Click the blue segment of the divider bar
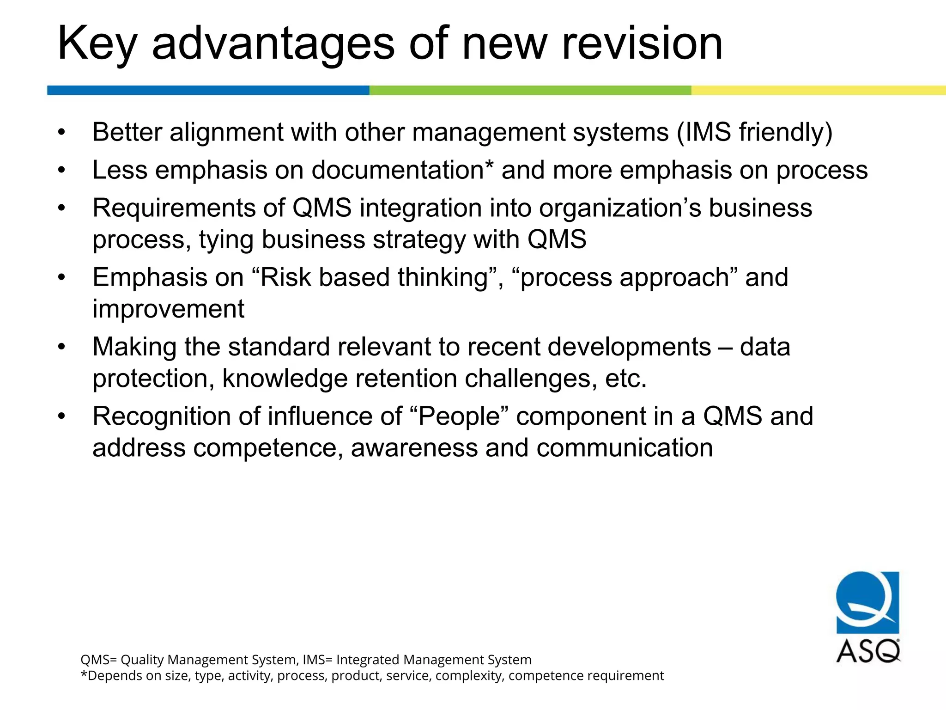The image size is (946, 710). tap(208, 90)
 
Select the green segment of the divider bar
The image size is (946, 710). tap(530, 90)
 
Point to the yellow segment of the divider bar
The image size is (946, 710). tap(818, 90)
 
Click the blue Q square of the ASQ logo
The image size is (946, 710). tap(867, 602)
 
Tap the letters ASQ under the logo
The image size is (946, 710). tap(868, 651)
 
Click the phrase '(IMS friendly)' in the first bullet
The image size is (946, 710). tap(754, 132)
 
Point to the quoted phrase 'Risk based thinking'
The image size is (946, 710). tap(374, 277)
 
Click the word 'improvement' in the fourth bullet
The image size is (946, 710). tap(168, 309)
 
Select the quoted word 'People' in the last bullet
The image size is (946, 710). tap(459, 416)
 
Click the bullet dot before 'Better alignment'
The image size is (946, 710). tap(62, 133)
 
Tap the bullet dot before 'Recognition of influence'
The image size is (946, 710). tap(62, 416)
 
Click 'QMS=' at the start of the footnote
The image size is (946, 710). tap(99, 660)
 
